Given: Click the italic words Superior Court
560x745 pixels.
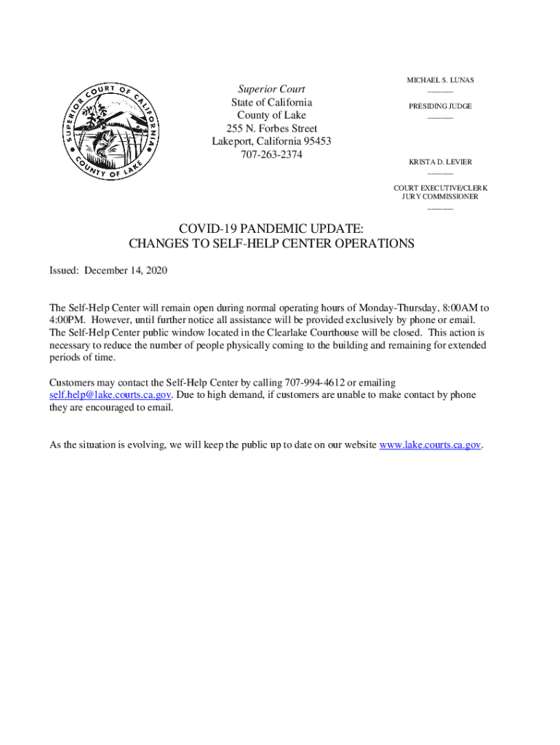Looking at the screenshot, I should (x=271, y=89).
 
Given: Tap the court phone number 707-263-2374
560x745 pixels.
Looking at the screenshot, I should (x=271, y=155).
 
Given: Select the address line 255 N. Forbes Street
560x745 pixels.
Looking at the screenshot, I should (x=271, y=129).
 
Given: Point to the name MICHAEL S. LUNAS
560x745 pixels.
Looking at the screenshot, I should (x=440, y=79).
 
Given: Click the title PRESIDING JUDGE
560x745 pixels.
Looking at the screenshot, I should (x=440, y=106).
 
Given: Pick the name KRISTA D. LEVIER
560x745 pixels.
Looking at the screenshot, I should (x=440, y=162).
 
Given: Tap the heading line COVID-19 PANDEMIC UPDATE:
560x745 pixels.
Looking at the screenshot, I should (x=271, y=229).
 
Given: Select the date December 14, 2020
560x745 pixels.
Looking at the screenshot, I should (x=127, y=271).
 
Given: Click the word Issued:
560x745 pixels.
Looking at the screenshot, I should (x=64, y=271).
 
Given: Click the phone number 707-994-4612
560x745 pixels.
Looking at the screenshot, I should (x=314, y=383).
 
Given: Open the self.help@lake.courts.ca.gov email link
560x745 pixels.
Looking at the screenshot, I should (x=110, y=395).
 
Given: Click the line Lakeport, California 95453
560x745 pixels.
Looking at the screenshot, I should (x=271, y=142).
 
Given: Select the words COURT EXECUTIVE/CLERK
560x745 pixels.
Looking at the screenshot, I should (x=440, y=188).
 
